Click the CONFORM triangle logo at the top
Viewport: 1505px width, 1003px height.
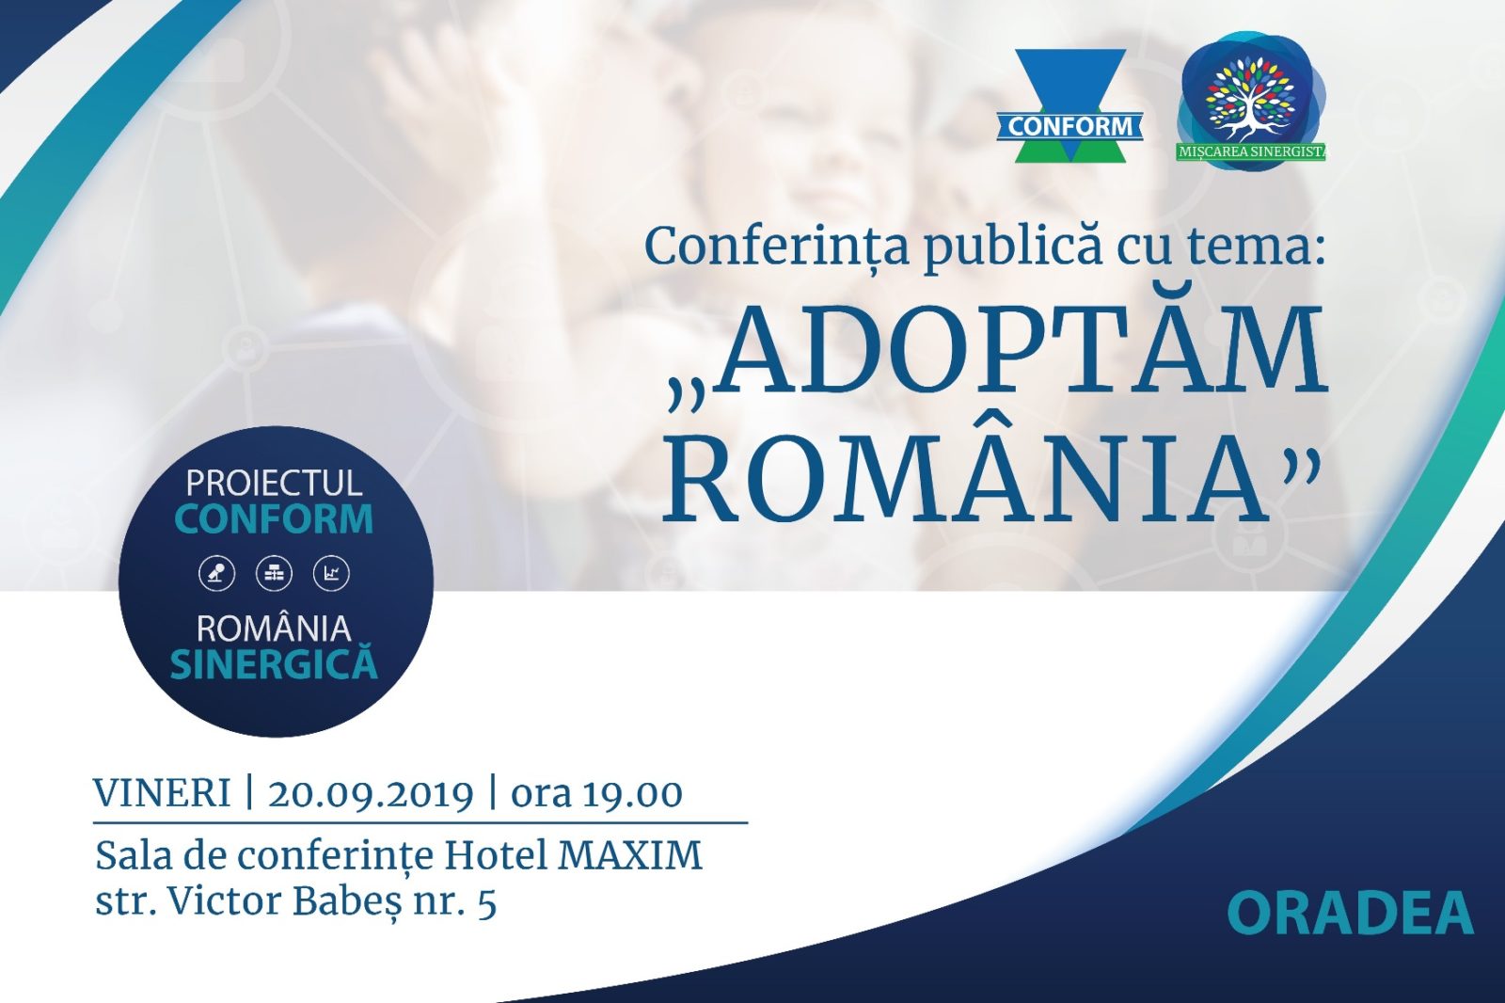[x=1069, y=104]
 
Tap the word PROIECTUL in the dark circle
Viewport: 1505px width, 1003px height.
[x=274, y=483]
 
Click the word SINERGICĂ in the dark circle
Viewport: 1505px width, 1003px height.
[x=274, y=662]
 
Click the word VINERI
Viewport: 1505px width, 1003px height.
[x=162, y=794]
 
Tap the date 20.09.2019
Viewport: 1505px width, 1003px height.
[x=372, y=795]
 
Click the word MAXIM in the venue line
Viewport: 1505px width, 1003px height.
[x=630, y=856]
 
